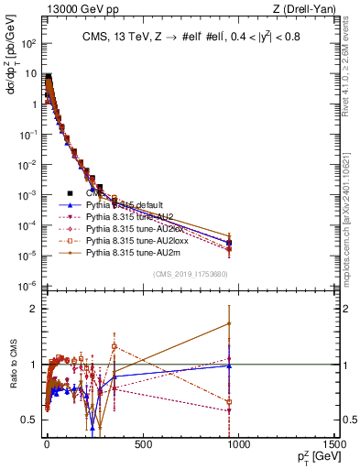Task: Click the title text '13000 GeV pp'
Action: coord(47,10)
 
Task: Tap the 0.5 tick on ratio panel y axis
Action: coord(29,420)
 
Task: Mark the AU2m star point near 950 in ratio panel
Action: coord(229,323)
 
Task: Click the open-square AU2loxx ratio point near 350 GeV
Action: coord(115,346)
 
